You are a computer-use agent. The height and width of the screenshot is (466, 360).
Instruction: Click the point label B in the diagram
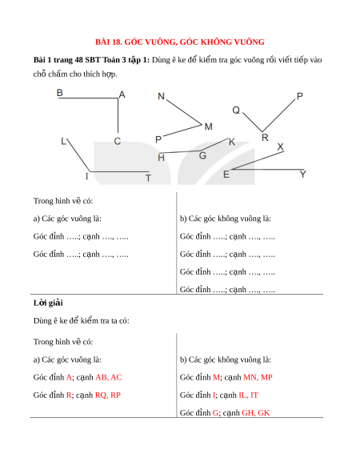[x=60, y=93]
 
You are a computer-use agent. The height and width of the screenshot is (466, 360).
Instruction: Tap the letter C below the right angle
[x=118, y=141]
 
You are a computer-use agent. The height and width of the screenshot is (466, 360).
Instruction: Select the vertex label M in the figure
[x=209, y=127]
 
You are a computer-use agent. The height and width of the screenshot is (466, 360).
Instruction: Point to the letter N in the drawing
[x=161, y=96]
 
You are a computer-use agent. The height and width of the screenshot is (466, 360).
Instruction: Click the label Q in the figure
[x=236, y=110]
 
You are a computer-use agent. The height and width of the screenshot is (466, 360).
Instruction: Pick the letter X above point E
[x=280, y=147]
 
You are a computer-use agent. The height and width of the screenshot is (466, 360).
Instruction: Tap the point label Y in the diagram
[x=302, y=175]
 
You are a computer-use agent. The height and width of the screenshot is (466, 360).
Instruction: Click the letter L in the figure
[x=63, y=141]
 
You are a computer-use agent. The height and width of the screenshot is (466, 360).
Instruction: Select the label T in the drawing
[x=148, y=178]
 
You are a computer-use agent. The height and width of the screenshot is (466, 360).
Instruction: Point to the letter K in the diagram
[x=232, y=142]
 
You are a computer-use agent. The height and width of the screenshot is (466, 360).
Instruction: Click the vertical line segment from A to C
[x=118, y=115]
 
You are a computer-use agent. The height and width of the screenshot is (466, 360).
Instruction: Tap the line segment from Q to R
[x=253, y=123]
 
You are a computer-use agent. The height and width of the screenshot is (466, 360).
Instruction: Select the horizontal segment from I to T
[x=119, y=171]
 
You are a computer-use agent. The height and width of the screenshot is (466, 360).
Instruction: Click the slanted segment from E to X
[x=258, y=160]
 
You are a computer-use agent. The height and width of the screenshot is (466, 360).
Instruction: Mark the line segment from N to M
[x=184, y=112]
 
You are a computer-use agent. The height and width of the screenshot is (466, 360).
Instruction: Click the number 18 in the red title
[x=117, y=42]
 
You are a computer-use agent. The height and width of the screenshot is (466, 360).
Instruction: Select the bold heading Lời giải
[x=48, y=303]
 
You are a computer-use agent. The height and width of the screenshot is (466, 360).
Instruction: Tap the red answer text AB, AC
[x=109, y=377]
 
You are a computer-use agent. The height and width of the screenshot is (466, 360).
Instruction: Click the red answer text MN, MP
[x=258, y=377]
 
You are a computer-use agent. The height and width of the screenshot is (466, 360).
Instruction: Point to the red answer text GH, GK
[x=256, y=413]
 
